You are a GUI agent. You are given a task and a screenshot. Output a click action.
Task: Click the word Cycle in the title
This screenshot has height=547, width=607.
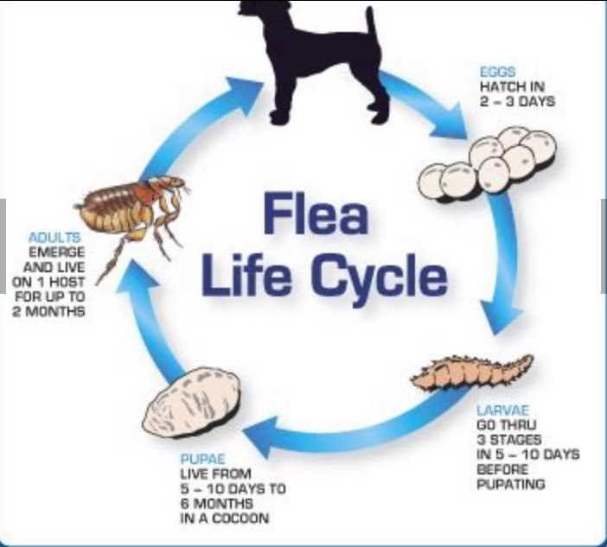tap(380, 277)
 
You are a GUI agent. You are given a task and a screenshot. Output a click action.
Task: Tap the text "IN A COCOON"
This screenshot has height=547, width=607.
tap(225, 518)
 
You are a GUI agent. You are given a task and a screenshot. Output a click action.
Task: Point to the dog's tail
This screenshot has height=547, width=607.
tap(370, 30)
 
